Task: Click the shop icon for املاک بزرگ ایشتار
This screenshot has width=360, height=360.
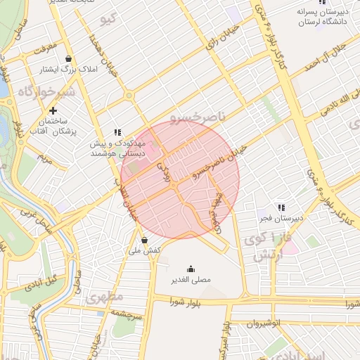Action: (67, 58)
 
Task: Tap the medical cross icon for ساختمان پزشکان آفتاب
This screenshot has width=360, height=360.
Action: (53, 110)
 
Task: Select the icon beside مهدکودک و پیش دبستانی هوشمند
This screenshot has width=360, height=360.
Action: (117, 132)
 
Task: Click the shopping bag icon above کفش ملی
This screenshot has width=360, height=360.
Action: (144, 239)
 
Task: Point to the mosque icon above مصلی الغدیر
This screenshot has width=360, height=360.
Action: (191, 269)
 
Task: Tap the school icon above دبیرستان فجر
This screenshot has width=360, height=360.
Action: (281, 207)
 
